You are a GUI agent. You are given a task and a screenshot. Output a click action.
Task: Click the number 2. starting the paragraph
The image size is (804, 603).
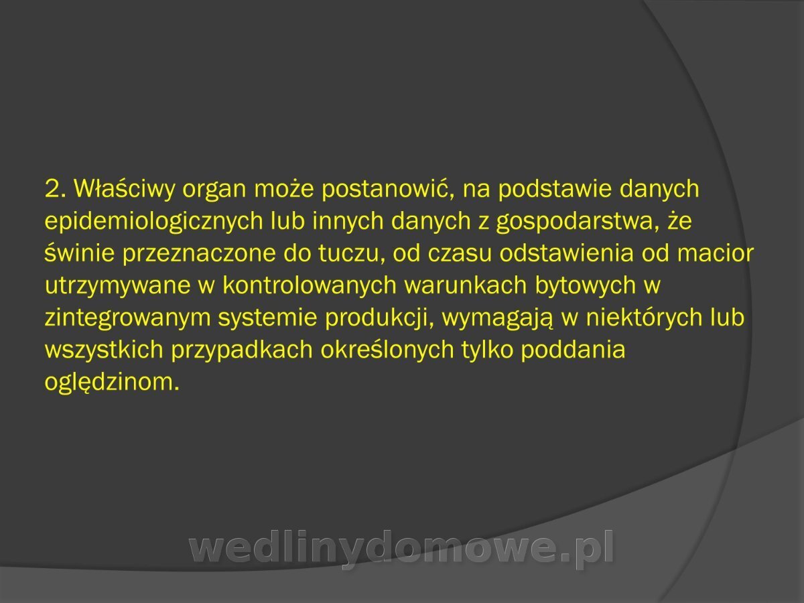[56, 188]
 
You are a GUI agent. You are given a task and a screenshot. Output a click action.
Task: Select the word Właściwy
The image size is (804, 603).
[125, 190]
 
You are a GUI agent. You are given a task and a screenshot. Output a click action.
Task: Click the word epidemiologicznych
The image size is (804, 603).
[154, 222]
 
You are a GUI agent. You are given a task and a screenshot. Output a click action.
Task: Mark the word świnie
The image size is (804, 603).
[80, 253]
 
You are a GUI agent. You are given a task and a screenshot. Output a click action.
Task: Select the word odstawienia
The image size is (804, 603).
[566, 253]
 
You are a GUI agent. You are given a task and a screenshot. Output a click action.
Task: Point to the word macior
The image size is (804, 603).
[716, 253]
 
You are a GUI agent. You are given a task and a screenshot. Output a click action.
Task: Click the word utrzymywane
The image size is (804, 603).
[118, 286]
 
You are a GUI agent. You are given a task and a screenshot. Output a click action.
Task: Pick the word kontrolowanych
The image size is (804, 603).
[310, 285]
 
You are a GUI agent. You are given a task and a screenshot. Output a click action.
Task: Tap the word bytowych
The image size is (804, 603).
[586, 286]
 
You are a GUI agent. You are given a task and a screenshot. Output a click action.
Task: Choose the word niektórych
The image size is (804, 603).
[644, 318]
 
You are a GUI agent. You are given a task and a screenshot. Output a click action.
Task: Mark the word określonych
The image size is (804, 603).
[387, 350]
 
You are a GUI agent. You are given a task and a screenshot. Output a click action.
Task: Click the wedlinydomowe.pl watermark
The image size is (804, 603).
[402, 550]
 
